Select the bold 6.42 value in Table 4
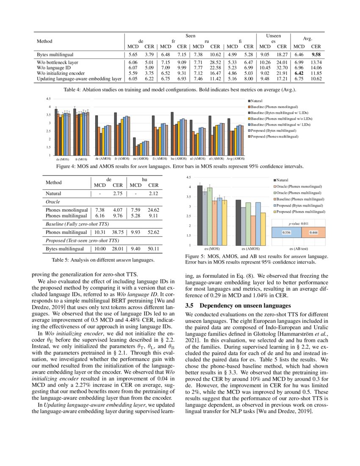[299, 72]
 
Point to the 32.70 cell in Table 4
[282, 67]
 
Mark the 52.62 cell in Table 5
[153, 232]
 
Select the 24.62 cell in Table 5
[153, 210]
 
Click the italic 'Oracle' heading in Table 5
[53, 202]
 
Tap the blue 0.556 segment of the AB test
[286, 233]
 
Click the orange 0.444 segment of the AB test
[313, 233]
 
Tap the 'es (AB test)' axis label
[299, 249]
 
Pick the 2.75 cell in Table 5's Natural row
[117, 193]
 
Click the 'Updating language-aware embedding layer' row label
[79, 78]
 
